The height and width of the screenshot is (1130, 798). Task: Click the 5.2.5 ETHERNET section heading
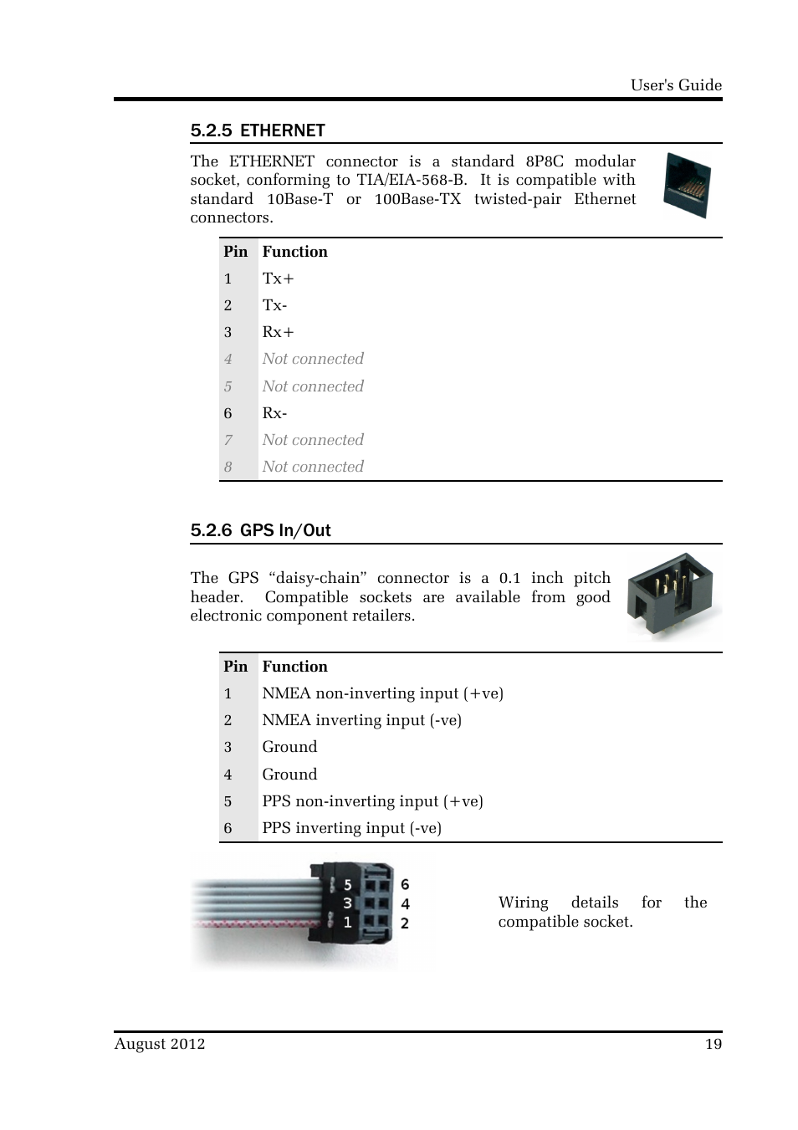click(x=258, y=130)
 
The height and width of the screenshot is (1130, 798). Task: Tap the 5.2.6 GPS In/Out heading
click(x=260, y=530)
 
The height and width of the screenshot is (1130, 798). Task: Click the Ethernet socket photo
click(x=687, y=187)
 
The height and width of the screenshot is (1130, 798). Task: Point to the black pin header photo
click(x=672, y=595)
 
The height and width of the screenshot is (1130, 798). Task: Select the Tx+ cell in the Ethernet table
click(x=278, y=279)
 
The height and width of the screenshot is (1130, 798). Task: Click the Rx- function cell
click(x=274, y=413)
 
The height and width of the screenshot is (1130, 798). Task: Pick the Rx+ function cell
click(x=278, y=332)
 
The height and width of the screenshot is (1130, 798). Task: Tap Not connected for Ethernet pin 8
click(x=313, y=467)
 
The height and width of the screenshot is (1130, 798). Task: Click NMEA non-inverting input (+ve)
click(x=382, y=693)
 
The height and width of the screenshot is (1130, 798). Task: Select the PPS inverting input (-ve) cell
click(x=351, y=828)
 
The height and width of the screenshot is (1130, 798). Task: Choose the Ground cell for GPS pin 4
click(x=289, y=775)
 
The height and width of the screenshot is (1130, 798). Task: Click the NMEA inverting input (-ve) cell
click(x=361, y=720)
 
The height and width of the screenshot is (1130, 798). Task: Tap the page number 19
click(x=713, y=1044)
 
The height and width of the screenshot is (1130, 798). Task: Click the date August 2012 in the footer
click(x=160, y=1044)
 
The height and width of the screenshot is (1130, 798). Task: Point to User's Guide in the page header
click(x=676, y=85)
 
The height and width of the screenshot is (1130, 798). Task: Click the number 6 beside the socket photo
click(x=405, y=884)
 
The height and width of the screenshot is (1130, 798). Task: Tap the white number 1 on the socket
click(x=347, y=923)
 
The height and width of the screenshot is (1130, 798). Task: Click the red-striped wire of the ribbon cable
click(x=251, y=924)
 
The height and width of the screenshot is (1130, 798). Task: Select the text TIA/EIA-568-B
click(x=412, y=180)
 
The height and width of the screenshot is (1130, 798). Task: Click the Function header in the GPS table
click(x=294, y=667)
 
